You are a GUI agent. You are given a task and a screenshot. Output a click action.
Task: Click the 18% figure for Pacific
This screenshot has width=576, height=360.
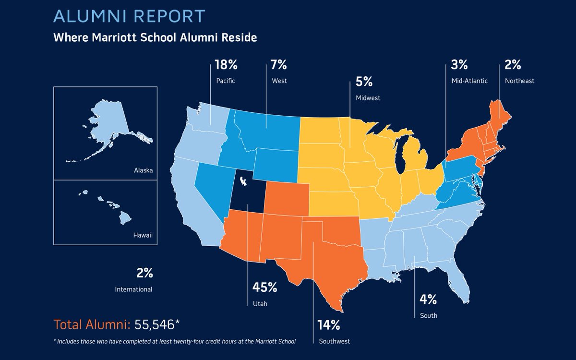pos(226,65)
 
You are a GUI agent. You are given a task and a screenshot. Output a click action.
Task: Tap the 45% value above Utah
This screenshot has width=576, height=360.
pos(264,287)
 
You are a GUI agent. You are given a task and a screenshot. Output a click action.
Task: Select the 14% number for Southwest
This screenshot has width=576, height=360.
pos(329,325)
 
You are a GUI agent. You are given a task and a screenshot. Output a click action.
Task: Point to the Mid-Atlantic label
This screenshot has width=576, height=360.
pos(469,81)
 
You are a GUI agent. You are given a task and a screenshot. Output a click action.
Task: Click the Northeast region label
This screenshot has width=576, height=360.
pos(519,81)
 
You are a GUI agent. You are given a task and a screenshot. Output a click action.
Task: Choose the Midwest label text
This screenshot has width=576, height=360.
pos(368,98)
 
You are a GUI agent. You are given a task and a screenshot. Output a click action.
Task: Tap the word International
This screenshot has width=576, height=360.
pos(134,289)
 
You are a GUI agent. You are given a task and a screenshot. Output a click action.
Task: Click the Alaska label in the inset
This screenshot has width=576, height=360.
pos(143,170)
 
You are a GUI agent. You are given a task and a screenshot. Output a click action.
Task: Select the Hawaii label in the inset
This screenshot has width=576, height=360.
pos(143,235)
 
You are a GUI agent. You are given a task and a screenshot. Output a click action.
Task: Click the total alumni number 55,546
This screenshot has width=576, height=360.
pos(155,324)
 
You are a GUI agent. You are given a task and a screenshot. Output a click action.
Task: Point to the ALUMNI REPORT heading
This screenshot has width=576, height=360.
pos(129,16)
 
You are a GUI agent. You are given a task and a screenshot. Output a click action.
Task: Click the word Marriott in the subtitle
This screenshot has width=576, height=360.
pos(114,37)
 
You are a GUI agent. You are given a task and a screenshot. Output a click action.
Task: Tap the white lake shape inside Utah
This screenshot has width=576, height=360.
pos(243,181)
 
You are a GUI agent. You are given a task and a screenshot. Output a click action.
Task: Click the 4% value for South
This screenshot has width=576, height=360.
pos(428,300)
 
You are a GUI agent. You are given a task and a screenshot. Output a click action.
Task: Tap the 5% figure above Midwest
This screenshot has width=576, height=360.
pos(364,82)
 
